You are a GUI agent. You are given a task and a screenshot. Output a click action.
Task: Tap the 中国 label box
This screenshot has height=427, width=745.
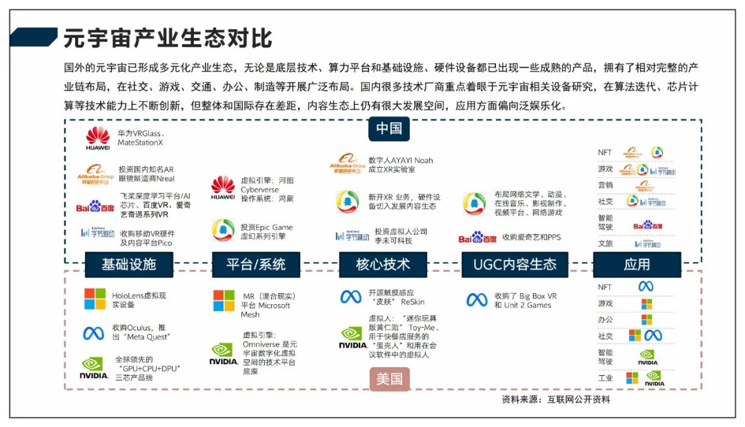pyautogui.click(x=389, y=128)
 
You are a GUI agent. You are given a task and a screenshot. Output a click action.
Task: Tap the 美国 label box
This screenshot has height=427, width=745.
pyautogui.click(x=389, y=379)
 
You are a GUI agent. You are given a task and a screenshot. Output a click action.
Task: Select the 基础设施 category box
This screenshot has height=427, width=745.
pyautogui.click(x=129, y=264)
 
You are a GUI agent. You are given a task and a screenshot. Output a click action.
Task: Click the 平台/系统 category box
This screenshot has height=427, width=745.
pyautogui.click(x=255, y=264)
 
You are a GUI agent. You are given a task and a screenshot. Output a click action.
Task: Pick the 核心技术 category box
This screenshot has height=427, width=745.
pyautogui.click(x=383, y=264)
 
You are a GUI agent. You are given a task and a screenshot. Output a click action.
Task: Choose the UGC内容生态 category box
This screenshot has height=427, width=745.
pyautogui.click(x=515, y=264)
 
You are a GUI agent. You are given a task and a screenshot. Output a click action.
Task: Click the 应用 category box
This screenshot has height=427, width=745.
pyautogui.click(x=637, y=264)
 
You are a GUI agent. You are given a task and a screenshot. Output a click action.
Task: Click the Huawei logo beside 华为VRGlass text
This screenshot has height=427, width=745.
pyautogui.click(x=98, y=137)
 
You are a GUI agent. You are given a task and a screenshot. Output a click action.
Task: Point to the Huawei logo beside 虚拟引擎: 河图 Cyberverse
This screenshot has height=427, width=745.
pyautogui.click(x=223, y=188)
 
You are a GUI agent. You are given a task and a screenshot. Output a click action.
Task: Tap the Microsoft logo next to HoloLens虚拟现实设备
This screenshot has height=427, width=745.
pyautogui.click(x=95, y=299)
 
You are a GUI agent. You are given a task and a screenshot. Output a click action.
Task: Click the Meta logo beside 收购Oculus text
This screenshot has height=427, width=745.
pyautogui.click(x=94, y=333)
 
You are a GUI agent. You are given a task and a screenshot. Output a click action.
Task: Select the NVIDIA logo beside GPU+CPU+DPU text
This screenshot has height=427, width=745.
pyautogui.click(x=94, y=367)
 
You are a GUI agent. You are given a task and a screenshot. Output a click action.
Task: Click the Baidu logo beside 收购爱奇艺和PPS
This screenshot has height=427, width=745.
pyautogui.click(x=477, y=237)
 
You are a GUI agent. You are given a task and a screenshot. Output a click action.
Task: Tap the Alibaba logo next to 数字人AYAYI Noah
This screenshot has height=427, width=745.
pyautogui.click(x=348, y=163)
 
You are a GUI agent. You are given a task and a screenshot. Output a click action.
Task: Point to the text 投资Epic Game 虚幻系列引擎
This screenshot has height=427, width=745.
pyautogui.click(x=266, y=232)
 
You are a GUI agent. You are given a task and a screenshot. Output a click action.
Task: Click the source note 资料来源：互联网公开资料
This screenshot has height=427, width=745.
pyautogui.click(x=555, y=399)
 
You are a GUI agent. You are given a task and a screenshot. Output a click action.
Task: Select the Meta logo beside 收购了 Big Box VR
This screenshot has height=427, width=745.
pyautogui.click(x=477, y=300)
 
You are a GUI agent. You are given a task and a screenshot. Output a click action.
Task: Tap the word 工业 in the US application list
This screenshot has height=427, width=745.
pyautogui.click(x=605, y=378)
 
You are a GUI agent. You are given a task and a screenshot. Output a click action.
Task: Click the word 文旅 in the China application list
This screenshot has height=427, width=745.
pyautogui.click(x=605, y=243)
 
